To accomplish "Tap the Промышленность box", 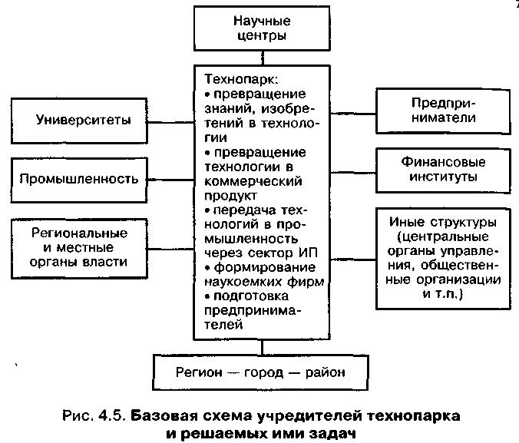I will [x=79, y=179].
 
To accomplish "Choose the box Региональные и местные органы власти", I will [x=79, y=247].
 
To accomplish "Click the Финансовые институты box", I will [x=442, y=169].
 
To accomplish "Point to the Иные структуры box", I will [x=442, y=257].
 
